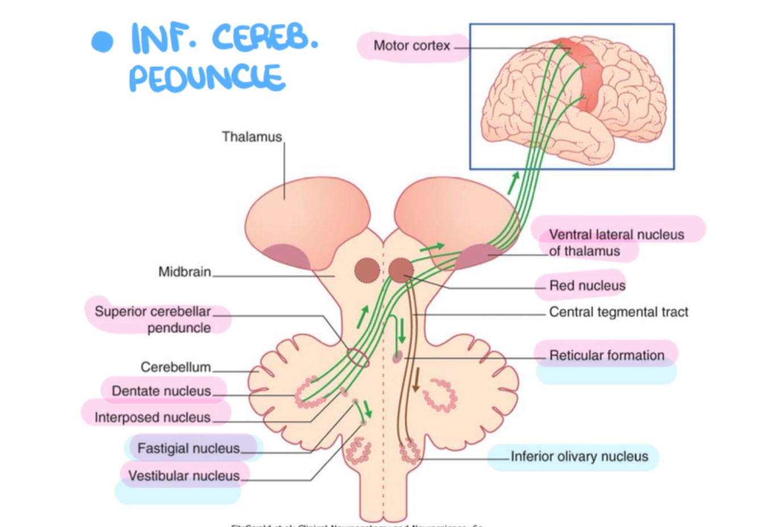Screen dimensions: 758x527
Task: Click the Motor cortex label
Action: click(411, 45)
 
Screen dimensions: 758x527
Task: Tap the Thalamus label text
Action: click(251, 137)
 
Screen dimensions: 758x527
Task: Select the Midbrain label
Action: click(184, 272)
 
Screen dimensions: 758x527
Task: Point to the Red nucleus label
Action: click(587, 285)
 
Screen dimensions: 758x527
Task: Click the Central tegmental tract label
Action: click(618, 312)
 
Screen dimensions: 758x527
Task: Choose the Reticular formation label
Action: click(606, 355)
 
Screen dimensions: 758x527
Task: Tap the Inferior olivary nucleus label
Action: click(579, 457)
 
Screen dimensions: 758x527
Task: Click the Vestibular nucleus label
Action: click(184, 475)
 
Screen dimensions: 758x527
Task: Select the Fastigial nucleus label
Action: click(188, 449)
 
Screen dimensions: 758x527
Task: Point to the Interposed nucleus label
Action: click(152, 417)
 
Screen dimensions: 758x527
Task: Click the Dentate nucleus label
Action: click(161, 391)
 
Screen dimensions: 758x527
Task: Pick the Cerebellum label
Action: click(176, 367)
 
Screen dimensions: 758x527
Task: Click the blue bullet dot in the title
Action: click(102, 42)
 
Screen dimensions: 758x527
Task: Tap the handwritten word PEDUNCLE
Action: click(207, 78)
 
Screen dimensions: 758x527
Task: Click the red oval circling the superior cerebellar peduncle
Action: click(358, 358)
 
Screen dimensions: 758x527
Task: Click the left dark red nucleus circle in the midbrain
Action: click(366, 271)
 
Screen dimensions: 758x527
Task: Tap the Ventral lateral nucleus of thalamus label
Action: click(616, 243)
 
